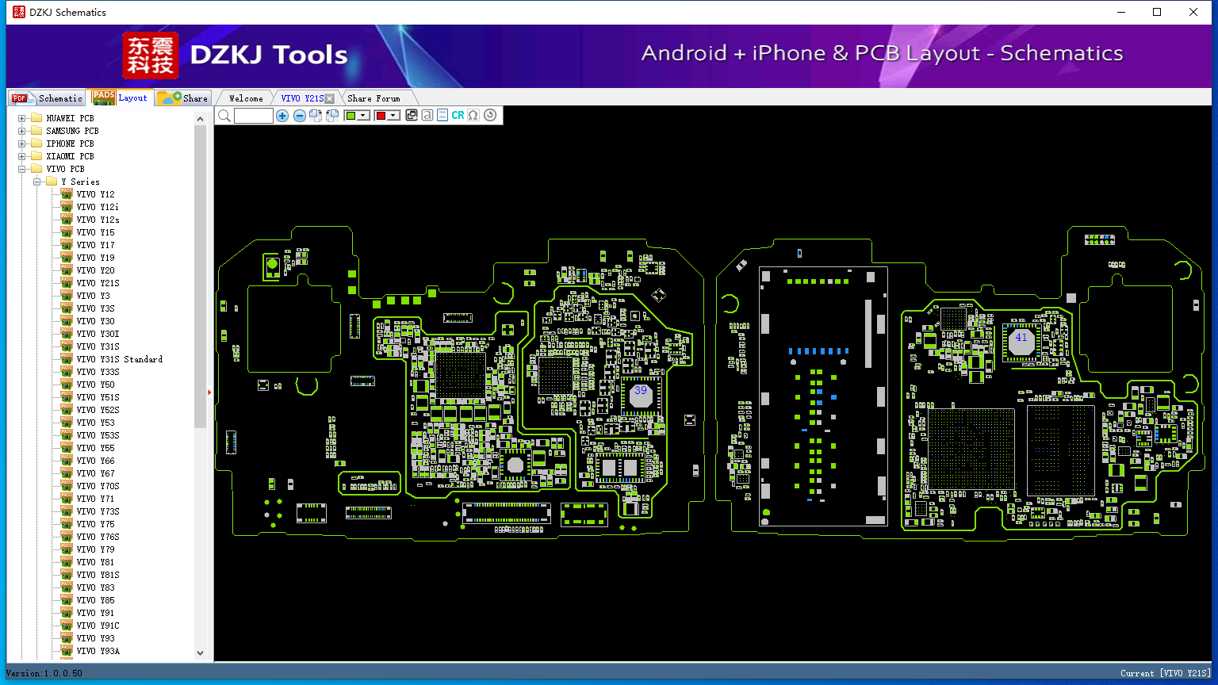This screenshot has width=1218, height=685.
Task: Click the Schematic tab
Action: point(48,98)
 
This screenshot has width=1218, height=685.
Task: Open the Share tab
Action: point(183,98)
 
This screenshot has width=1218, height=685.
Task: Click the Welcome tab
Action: point(246,98)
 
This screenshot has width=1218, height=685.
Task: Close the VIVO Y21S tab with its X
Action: point(330,98)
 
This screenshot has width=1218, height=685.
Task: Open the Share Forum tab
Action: point(373,98)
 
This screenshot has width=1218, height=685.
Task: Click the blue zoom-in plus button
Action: point(282,115)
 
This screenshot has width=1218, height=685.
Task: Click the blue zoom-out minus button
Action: point(299,115)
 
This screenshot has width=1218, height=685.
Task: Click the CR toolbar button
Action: point(458,115)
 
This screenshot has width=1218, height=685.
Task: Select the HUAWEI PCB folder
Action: point(70,118)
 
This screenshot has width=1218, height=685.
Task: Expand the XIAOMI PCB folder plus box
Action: point(21,156)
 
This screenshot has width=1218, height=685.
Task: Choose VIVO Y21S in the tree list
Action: point(98,283)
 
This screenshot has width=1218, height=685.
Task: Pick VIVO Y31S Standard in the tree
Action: point(120,359)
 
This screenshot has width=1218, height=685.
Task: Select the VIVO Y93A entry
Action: point(98,651)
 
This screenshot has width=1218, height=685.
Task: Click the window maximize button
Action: point(1157,12)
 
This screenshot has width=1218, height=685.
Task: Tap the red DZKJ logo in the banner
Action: point(151,55)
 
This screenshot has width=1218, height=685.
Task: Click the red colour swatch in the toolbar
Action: point(381,115)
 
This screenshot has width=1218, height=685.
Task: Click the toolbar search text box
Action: point(254,115)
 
